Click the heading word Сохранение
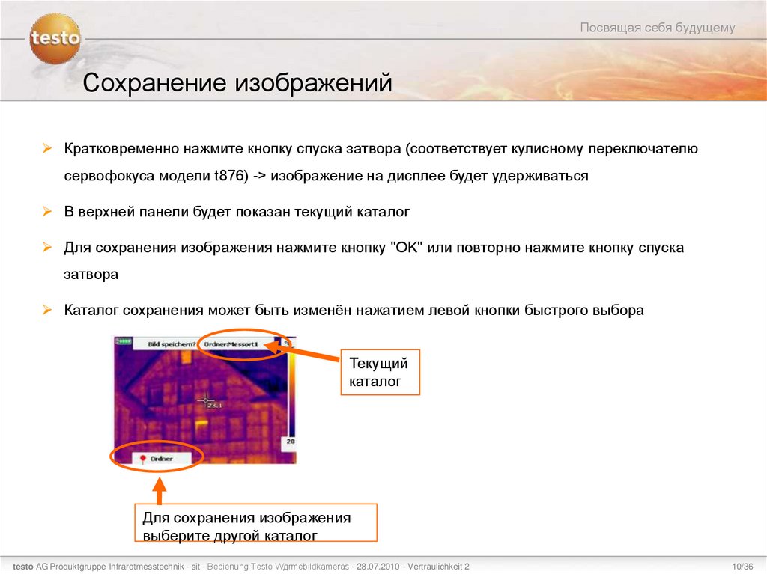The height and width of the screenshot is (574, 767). (154, 83)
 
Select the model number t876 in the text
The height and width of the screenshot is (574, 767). (230, 176)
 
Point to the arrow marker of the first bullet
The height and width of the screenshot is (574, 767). (46, 149)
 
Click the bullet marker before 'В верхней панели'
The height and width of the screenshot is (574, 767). (46, 213)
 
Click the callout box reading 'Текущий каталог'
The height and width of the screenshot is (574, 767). (380, 373)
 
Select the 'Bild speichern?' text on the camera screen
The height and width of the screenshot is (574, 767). (172, 344)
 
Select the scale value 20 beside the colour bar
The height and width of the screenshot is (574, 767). (289, 442)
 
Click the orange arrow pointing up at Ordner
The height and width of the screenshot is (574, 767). (158, 489)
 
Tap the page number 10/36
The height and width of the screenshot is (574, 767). (742, 566)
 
